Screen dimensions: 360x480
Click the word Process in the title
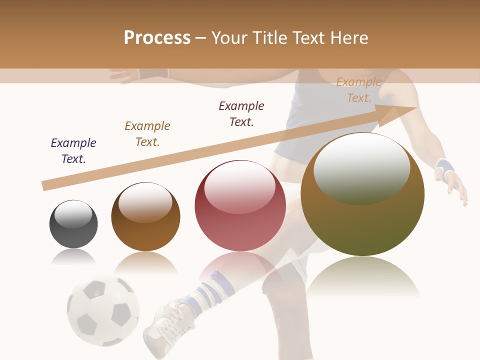point(157,38)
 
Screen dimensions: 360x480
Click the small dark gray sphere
point(73,224)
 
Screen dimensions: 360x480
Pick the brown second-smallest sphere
point(145,216)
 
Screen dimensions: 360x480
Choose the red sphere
point(240,206)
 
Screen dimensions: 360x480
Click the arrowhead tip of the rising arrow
point(415,108)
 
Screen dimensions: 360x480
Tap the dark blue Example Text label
point(73,151)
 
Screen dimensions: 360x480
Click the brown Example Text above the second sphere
point(147,134)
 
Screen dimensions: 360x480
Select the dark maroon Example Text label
point(241,114)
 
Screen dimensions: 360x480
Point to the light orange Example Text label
point(359,90)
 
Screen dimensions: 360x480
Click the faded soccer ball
point(103,310)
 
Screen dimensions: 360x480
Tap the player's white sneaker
point(165,325)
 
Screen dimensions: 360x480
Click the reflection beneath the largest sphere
point(363,278)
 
